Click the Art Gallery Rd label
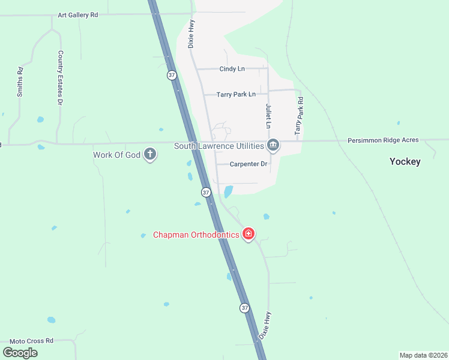(x=77, y=15)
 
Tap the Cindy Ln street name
(x=232, y=69)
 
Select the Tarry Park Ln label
(x=236, y=94)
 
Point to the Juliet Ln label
(x=268, y=116)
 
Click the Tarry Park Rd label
(x=298, y=115)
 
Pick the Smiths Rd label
(x=20, y=81)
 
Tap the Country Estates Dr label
(x=60, y=77)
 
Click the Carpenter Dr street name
(x=248, y=164)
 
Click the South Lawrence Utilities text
(x=219, y=146)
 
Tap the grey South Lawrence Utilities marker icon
(x=273, y=145)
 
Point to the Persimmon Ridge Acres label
(x=383, y=140)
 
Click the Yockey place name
(x=405, y=161)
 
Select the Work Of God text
(x=116, y=155)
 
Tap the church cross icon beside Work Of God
(x=150, y=155)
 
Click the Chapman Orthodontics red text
(x=196, y=235)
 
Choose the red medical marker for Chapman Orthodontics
(x=249, y=234)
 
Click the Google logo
(x=20, y=353)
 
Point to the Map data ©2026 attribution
(x=423, y=355)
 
